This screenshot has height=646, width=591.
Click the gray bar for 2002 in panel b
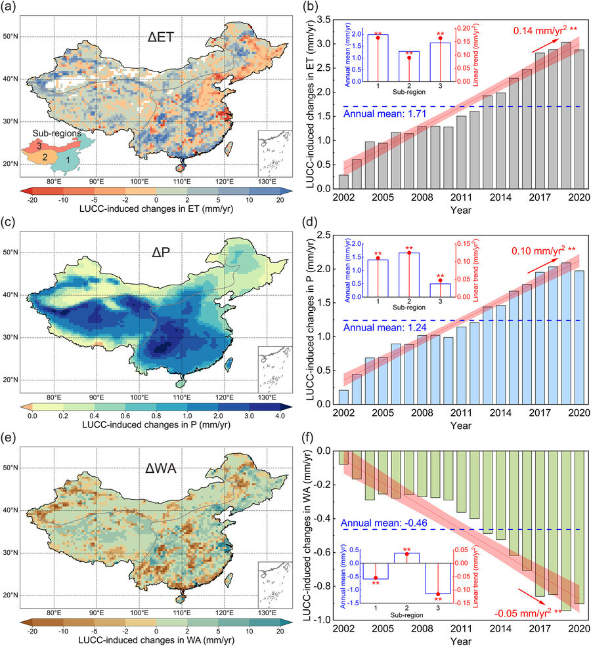[x=343, y=182]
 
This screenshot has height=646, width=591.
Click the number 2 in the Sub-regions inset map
[x=45, y=157]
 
